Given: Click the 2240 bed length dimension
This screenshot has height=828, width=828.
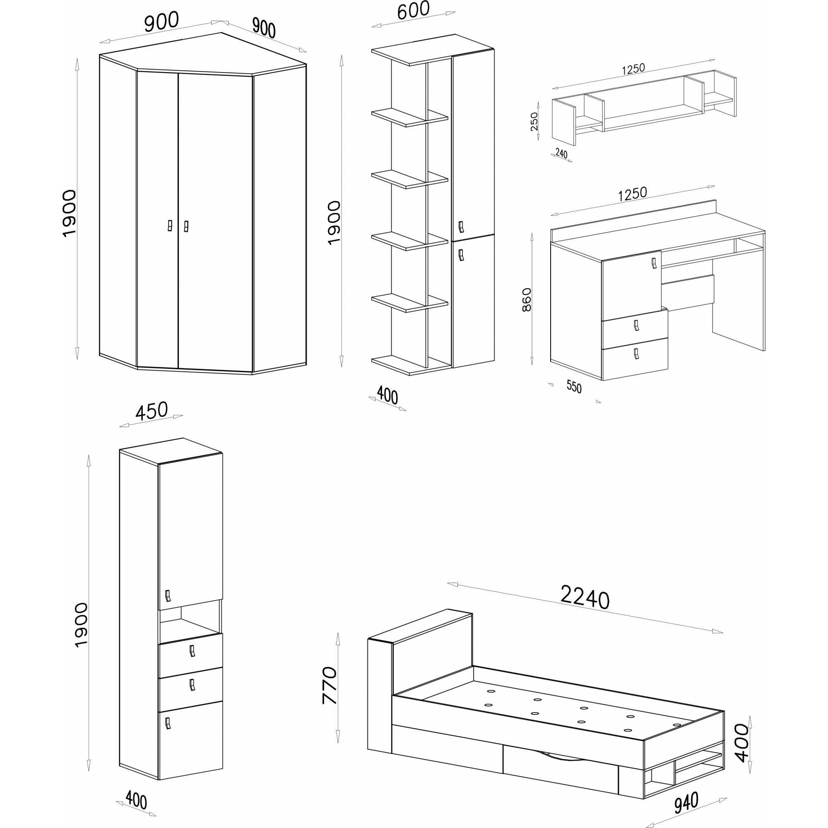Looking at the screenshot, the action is (x=585, y=597).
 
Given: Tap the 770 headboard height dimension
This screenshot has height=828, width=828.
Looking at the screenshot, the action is (x=330, y=685).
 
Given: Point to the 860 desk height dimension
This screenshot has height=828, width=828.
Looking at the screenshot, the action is (x=527, y=300).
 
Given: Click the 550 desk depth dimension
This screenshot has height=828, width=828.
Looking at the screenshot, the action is (x=574, y=387).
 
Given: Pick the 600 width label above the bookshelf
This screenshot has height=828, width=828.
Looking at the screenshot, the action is (x=413, y=11).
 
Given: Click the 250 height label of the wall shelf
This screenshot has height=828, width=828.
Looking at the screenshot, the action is (x=534, y=121).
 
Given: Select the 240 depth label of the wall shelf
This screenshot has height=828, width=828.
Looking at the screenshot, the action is (x=561, y=153).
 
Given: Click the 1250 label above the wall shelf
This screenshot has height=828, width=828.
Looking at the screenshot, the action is (x=633, y=69).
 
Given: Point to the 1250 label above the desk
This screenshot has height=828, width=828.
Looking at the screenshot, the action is (x=632, y=194).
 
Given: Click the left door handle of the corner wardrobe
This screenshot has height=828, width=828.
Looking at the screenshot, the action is (x=170, y=226).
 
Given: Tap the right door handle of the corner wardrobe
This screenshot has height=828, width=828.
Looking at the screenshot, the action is (x=186, y=226).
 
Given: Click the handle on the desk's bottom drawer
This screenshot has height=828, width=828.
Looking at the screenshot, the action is (x=636, y=354).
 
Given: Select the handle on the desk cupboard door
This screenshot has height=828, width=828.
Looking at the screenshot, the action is (x=654, y=263).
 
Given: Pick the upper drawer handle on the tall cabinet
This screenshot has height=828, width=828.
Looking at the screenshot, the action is (x=192, y=651).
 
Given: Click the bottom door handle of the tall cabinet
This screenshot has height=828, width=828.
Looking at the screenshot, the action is (x=168, y=723).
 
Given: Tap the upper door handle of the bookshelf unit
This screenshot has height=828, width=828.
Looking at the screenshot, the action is (x=461, y=226).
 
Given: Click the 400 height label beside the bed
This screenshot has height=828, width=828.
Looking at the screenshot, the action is (x=741, y=743).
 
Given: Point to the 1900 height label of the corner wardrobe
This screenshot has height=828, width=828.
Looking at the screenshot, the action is (x=69, y=214).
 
